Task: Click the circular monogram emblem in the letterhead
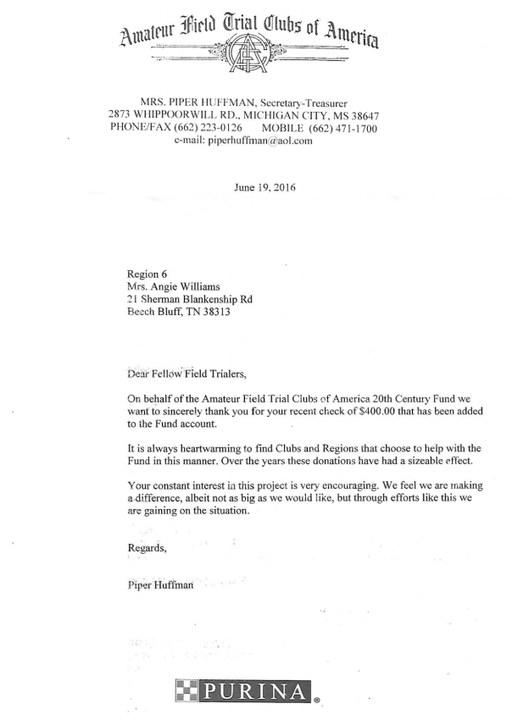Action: [254, 58]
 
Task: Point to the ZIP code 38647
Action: [359, 115]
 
